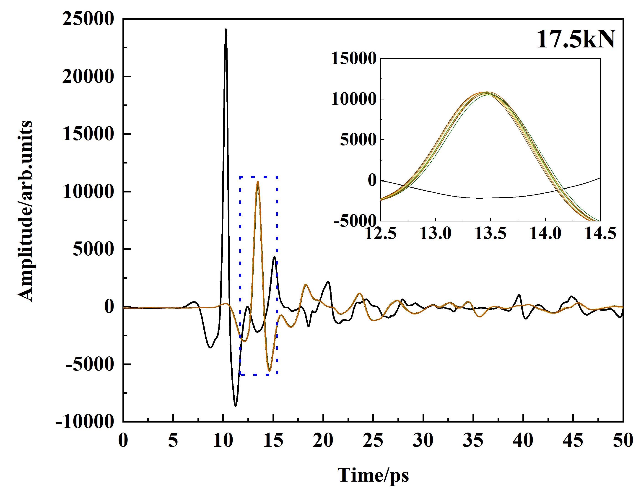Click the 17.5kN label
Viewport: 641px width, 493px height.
click(576, 40)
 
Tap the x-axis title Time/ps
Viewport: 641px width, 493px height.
click(373, 475)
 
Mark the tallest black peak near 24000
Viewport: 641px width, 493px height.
click(226, 29)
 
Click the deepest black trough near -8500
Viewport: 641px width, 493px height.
click(235, 406)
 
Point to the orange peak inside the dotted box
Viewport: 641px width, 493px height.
click(258, 182)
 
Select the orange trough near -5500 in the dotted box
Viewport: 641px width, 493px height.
click(269, 371)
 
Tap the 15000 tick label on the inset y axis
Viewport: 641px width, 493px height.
click(354, 58)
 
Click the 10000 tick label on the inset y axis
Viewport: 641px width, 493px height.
click(354, 99)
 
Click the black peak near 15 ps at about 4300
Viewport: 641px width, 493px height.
click(274, 257)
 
